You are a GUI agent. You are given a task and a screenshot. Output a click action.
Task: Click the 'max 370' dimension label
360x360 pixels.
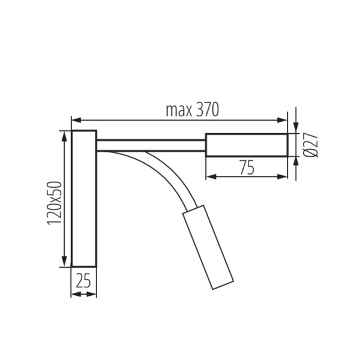pos(193,110)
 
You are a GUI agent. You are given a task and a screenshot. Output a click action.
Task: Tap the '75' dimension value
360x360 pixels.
pos(247,167)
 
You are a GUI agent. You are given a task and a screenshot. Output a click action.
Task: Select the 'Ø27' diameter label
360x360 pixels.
pos(311,145)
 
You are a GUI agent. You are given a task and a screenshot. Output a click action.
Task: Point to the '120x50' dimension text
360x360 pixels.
pos(55,203)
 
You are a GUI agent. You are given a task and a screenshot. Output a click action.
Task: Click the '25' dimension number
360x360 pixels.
pos(83,280)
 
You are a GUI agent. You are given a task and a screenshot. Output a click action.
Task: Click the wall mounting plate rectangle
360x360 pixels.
pos(84,199)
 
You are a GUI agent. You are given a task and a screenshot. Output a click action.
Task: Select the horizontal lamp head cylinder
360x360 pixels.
pos(247,145)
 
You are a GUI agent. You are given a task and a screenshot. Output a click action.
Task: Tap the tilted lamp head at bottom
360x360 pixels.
pos(208,247)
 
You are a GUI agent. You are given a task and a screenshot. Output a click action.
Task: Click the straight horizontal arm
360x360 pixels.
pos(151,145)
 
